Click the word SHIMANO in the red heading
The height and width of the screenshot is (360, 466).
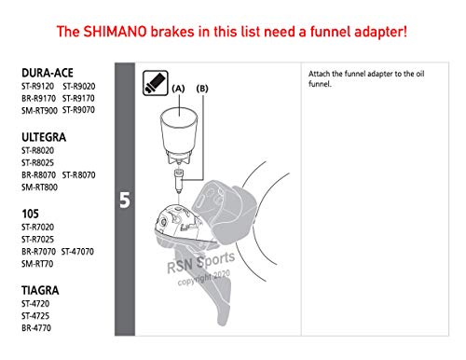(115, 32)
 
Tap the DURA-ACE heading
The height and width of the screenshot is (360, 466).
(48, 73)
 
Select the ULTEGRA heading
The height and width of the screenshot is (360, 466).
(44, 137)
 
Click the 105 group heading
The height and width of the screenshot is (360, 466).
(30, 214)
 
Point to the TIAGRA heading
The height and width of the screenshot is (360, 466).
(40, 290)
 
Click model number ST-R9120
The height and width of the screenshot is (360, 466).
(37, 86)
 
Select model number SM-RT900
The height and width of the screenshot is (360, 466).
(39, 110)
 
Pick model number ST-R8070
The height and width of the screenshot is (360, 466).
(78, 175)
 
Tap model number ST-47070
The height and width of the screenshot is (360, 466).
(77, 252)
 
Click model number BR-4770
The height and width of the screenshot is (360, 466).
(36, 328)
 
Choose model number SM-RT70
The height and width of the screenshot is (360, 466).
(37, 264)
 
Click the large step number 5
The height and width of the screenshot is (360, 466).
(125, 200)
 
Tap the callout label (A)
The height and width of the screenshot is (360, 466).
(178, 89)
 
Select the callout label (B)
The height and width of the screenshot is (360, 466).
(202, 89)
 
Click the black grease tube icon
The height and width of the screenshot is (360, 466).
(156, 83)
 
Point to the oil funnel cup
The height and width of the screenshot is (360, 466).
(179, 135)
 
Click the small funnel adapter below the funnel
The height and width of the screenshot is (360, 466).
(179, 180)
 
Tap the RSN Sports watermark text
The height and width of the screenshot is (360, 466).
(200, 263)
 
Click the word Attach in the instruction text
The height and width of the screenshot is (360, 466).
(319, 74)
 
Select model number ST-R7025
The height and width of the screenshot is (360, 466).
(37, 240)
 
